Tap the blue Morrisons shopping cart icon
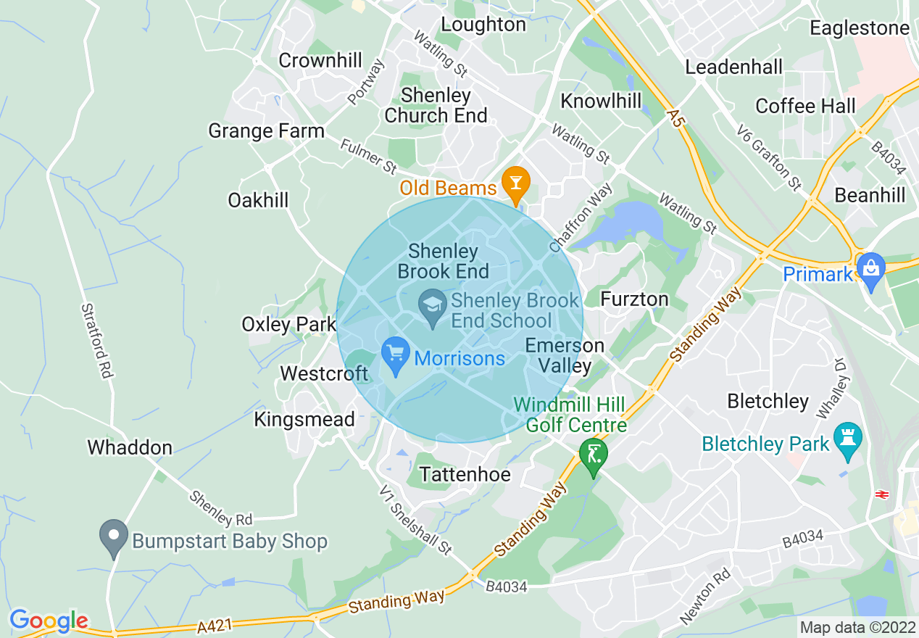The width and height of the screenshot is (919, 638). (395, 356)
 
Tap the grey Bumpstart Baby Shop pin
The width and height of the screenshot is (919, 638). (113, 537)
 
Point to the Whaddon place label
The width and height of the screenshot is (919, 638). (130, 447)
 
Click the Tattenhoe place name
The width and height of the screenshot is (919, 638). (465, 475)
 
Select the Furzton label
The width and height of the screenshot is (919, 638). (634, 299)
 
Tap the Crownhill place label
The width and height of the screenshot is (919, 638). (320, 61)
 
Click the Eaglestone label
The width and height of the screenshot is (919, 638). (859, 28)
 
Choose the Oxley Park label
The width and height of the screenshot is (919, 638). (288, 324)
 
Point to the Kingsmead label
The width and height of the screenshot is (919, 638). (304, 419)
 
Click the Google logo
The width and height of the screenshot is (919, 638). (49, 621)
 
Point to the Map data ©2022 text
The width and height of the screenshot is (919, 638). (857, 627)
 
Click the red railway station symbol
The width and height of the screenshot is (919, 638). (881, 494)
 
